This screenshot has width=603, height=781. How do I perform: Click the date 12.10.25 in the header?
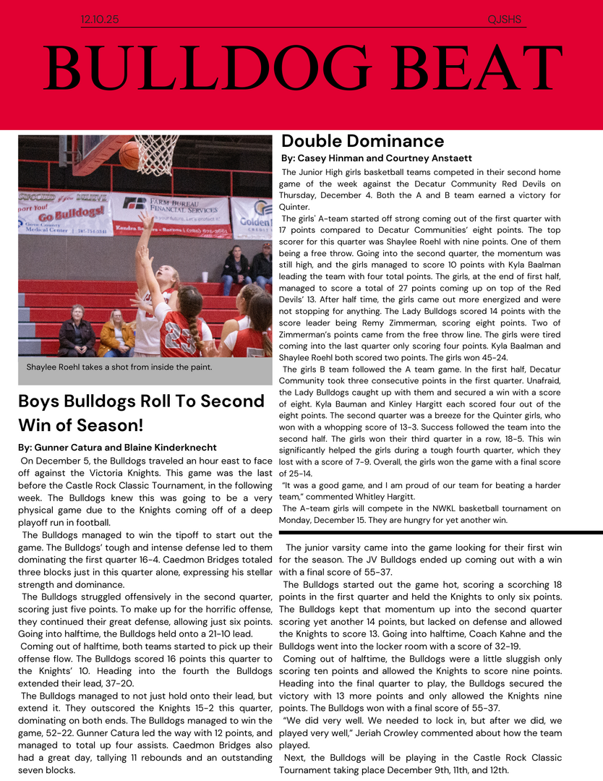pos(100,20)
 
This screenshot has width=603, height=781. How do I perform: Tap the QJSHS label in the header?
pos(505,20)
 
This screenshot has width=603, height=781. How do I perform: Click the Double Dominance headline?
pos(362,141)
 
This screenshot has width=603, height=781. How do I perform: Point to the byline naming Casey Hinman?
pos(376,158)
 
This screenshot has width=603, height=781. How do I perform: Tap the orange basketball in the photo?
pos(129,155)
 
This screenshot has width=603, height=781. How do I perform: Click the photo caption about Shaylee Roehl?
pos(119,367)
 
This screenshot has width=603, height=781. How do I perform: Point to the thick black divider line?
pos(440,533)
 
